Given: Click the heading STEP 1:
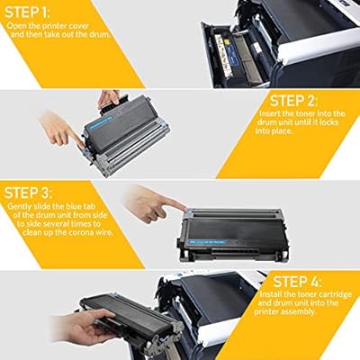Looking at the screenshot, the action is (x=27, y=13).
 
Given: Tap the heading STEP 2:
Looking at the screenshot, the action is (x=293, y=101).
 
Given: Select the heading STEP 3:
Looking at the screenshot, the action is (x=28, y=193).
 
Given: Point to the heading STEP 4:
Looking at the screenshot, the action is (x=297, y=282).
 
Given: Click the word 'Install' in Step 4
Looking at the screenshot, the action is (x=270, y=294).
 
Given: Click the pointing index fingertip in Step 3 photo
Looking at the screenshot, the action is (x=185, y=207).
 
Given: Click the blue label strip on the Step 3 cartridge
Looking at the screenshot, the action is (x=207, y=242).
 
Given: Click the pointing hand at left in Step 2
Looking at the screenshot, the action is (x=61, y=130).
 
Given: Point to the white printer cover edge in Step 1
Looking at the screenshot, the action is (x=319, y=47).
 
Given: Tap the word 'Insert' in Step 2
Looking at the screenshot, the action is (x=269, y=114).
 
